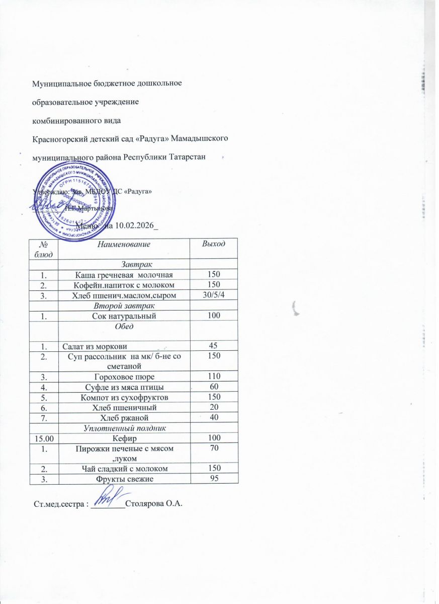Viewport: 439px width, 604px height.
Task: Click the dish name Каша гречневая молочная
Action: (x=124, y=274)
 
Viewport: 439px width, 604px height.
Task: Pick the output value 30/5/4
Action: (x=212, y=294)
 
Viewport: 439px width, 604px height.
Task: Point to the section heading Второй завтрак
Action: (x=124, y=305)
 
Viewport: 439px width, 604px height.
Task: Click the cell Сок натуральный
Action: (x=124, y=316)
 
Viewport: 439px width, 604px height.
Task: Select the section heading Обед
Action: (x=124, y=326)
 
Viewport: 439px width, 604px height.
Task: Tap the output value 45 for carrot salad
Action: (x=212, y=346)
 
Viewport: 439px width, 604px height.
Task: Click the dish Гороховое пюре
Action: (x=124, y=376)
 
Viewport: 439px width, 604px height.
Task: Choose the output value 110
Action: (x=212, y=376)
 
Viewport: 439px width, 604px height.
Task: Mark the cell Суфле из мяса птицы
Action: (x=124, y=387)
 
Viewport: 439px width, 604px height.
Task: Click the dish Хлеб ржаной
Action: (x=124, y=417)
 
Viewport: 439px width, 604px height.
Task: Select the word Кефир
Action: (x=124, y=438)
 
